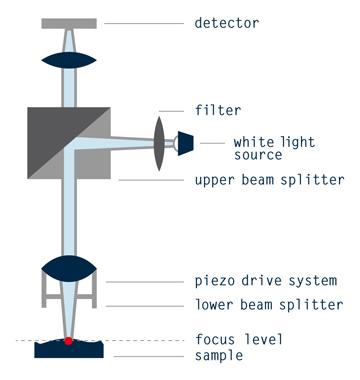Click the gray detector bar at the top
pyautogui.click(x=70, y=22)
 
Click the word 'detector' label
pyautogui.click(x=227, y=22)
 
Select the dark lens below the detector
pyautogui.click(x=70, y=59)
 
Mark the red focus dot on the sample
pyautogui.click(x=69, y=342)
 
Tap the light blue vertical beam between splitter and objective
pyautogui.click(x=70, y=215)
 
